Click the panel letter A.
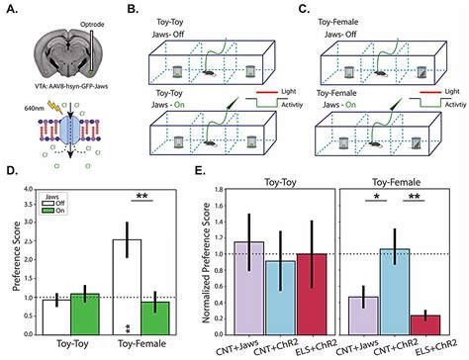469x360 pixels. pos(10,11)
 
